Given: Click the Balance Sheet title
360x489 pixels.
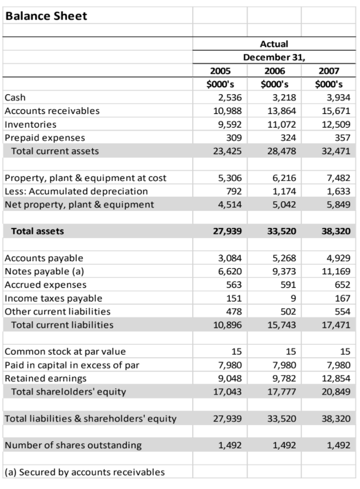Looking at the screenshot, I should [x=46, y=16].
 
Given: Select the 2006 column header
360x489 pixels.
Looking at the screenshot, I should [x=274, y=71].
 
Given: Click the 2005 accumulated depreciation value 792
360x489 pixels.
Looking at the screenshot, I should [x=234, y=191].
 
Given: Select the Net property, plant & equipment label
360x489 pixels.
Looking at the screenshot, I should [x=79, y=204].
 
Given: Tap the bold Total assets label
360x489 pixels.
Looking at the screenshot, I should [x=38, y=231].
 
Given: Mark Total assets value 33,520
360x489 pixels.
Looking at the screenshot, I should [x=283, y=231].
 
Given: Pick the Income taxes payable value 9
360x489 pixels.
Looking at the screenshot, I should [x=293, y=298].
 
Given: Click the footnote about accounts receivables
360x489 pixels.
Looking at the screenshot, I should [x=84, y=472].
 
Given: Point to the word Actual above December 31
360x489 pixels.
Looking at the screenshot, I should [x=274, y=44].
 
